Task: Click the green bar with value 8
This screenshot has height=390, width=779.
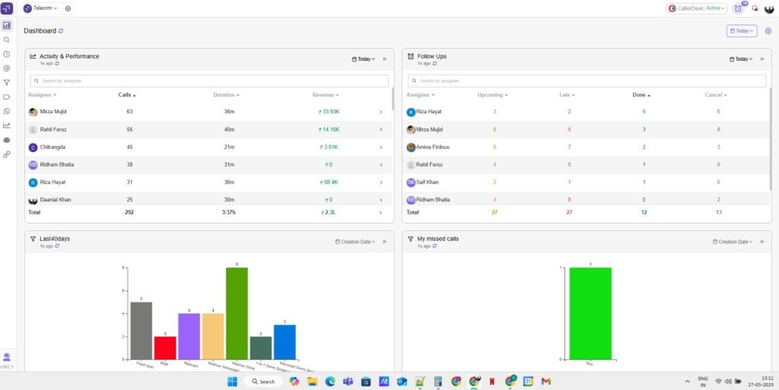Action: [237, 312]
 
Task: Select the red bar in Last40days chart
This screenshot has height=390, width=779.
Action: [165, 347]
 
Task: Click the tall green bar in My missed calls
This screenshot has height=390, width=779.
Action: [590, 312]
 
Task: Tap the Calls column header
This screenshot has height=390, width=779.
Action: [126, 95]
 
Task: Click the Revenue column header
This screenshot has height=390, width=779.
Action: [325, 95]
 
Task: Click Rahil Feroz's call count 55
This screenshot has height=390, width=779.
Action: [129, 129]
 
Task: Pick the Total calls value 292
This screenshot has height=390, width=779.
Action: [129, 213]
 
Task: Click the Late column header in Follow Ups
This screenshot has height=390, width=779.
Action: [567, 95]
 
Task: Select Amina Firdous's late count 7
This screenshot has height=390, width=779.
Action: [569, 147]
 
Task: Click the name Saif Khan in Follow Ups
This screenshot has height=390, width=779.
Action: [429, 182]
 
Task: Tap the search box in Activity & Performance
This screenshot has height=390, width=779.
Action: [209, 81]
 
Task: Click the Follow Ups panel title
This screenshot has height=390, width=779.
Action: [431, 56]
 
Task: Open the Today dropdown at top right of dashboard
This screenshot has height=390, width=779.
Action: [742, 31]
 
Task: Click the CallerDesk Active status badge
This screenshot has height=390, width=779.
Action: [697, 8]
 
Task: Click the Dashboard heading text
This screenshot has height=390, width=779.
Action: [40, 31]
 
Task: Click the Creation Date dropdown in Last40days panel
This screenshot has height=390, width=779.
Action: [356, 242]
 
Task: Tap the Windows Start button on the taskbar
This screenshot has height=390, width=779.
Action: [233, 382]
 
